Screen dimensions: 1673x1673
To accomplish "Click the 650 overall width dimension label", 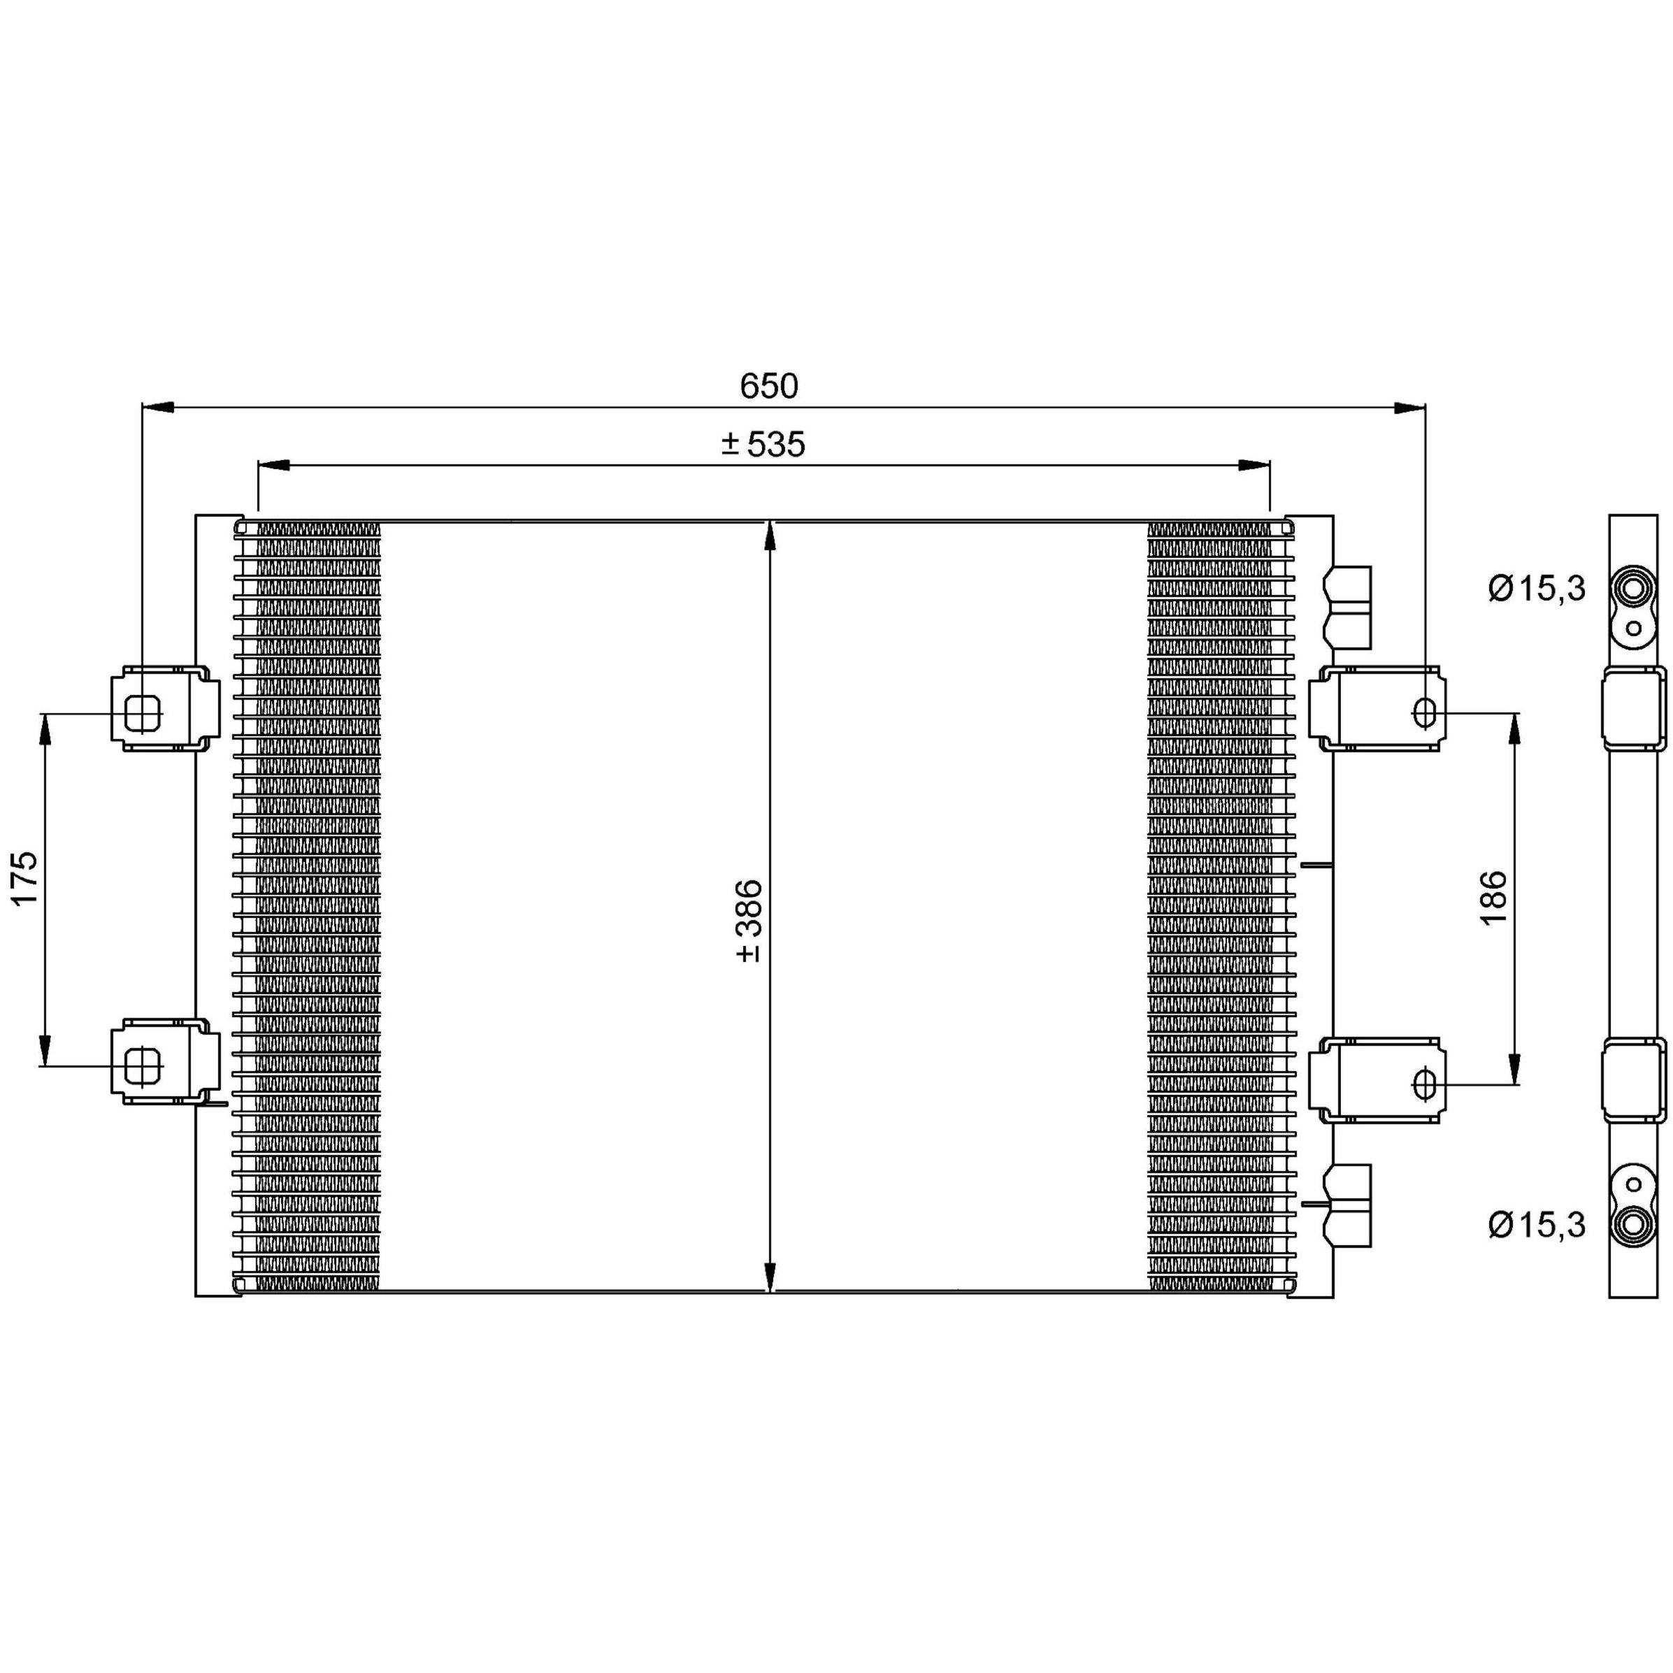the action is coord(769,386).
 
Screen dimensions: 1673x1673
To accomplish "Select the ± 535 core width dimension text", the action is coord(763,444).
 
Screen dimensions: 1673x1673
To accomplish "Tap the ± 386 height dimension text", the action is coord(748,921).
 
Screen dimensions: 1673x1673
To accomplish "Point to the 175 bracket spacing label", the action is coord(25,878).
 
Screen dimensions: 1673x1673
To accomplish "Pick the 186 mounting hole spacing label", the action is coord(1494,898).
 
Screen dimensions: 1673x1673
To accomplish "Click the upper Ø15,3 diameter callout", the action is coord(1537,589).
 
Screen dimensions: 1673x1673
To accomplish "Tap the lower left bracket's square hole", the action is coord(143,1066).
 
